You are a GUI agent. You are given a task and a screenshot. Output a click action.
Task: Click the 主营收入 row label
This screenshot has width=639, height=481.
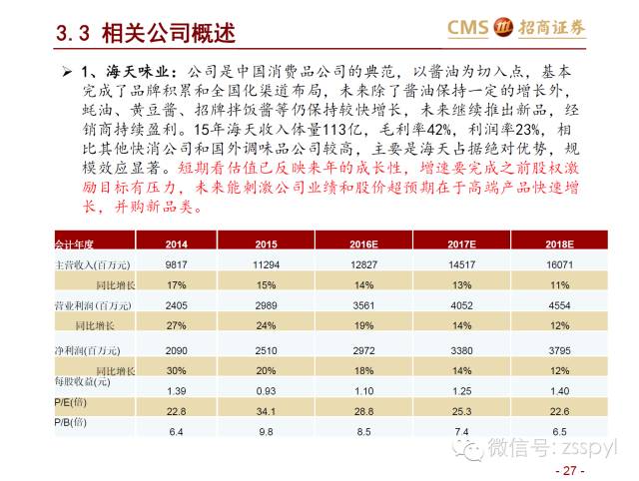(x=84, y=263)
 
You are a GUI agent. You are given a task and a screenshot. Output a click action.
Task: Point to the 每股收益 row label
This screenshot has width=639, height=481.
(x=79, y=380)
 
